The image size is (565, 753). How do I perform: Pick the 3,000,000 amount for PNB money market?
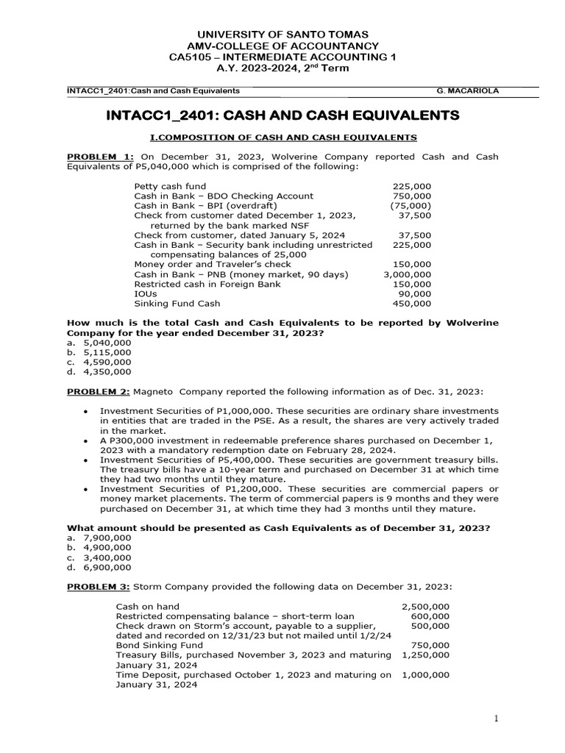tap(408, 274)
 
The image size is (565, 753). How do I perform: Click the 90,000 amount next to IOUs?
tap(416, 293)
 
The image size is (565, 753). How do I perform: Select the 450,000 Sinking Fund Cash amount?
tap(413, 302)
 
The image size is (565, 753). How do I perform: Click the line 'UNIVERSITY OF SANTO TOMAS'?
tap(282, 35)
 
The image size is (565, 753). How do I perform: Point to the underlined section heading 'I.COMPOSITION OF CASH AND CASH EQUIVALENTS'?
tap(282, 137)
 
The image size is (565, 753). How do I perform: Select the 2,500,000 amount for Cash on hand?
tap(426, 607)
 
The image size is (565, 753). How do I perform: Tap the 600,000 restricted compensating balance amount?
tap(432, 616)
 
